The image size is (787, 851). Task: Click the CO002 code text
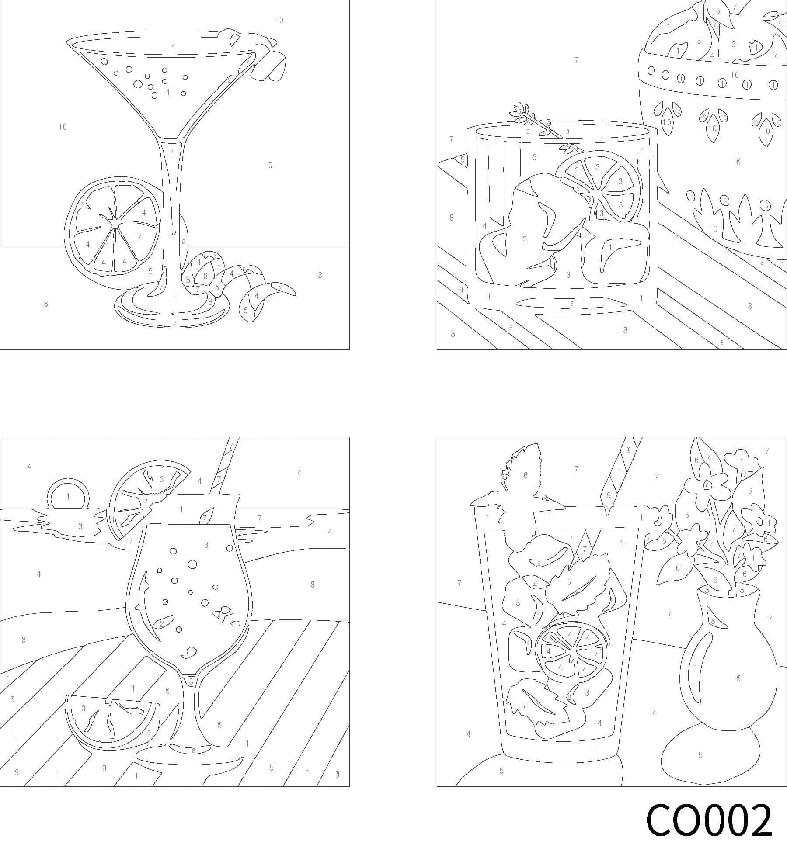(x=708, y=820)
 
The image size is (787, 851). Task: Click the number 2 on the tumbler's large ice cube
(x=524, y=239)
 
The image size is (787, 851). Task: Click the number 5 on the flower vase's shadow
(x=700, y=754)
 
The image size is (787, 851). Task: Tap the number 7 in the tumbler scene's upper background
(x=576, y=60)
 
